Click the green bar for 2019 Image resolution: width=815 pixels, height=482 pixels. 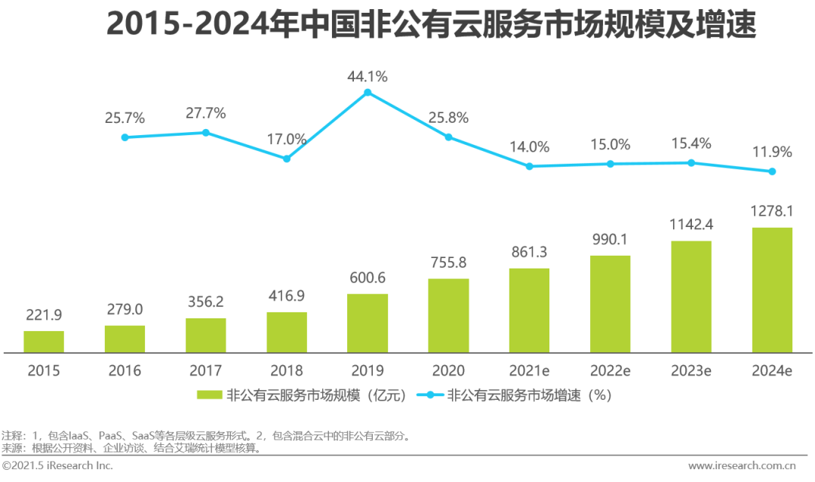(x=368, y=323)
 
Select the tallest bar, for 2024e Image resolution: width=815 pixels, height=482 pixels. (x=772, y=290)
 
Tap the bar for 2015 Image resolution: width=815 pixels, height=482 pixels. (x=44, y=342)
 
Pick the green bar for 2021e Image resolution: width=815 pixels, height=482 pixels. (x=529, y=310)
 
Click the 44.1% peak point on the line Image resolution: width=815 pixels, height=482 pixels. (x=368, y=93)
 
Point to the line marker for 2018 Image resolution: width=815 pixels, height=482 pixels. (x=287, y=158)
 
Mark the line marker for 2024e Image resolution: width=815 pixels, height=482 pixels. (x=772, y=171)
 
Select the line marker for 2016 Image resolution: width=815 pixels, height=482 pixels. (x=125, y=137)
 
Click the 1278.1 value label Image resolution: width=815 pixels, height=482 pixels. (x=772, y=211)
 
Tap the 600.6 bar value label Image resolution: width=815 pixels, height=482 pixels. (x=368, y=278)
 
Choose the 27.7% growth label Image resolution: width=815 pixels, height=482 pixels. (x=206, y=113)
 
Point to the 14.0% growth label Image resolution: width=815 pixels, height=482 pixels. (x=529, y=147)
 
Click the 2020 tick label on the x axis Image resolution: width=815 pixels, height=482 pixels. (x=448, y=370)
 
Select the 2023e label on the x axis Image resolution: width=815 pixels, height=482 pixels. (x=691, y=370)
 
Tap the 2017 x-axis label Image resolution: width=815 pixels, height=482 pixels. (x=206, y=370)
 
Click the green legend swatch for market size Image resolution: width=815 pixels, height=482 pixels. (x=209, y=395)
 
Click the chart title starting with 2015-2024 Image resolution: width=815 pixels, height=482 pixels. (x=431, y=24)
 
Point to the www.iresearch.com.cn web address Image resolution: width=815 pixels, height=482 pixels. (x=742, y=466)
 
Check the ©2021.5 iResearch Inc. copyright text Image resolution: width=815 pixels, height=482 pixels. (x=57, y=466)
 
